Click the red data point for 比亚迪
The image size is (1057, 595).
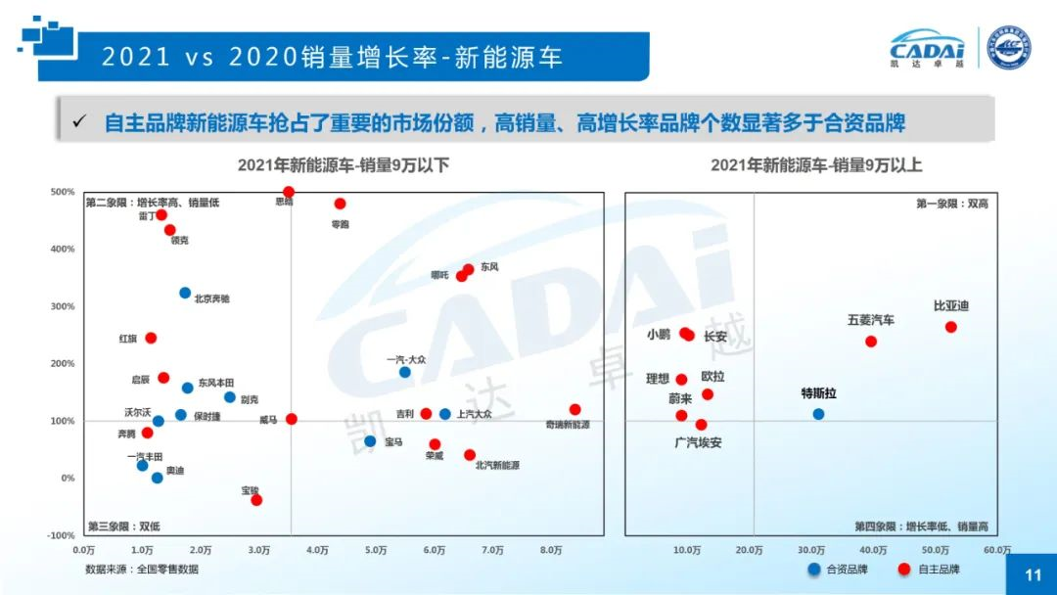(950, 327)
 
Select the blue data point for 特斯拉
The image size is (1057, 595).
(818, 414)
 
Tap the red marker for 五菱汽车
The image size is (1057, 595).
(871, 342)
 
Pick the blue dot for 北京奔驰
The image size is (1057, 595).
(185, 293)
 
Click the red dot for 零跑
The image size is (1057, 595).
(340, 204)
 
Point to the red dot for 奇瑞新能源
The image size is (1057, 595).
(574, 410)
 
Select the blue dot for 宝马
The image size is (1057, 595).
(370, 441)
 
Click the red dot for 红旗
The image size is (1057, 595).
(151, 338)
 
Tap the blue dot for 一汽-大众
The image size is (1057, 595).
(404, 372)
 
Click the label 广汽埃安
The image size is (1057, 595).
(698, 442)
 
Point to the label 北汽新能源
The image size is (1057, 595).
(497, 466)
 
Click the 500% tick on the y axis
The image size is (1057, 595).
(63, 192)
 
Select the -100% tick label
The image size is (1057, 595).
(61, 535)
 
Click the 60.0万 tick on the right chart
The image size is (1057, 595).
(996, 551)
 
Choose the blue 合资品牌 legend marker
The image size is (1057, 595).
(813, 569)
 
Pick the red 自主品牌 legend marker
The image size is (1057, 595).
(904, 569)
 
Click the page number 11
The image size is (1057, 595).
(1034, 575)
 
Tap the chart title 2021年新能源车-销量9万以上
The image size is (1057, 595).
(816, 165)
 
